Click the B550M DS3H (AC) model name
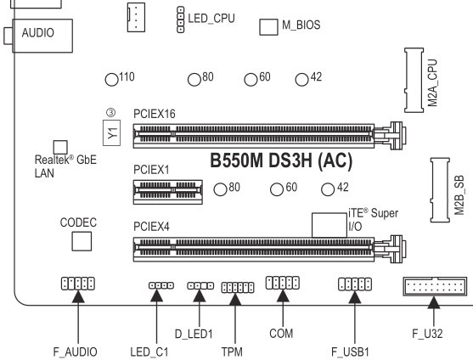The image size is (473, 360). tap(281, 160)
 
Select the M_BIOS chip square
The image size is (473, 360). tap(268, 27)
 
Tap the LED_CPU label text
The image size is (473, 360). tap(211, 19)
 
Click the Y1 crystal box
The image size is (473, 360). tap(111, 133)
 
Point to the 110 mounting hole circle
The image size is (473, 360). tap(111, 80)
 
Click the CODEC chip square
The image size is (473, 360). tap(82, 241)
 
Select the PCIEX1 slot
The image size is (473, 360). tap(168, 192)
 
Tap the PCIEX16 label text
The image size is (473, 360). tap(155, 114)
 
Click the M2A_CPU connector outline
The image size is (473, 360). tap(414, 80)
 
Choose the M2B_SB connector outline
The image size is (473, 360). tap(440, 190)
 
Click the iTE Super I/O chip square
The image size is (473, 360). tap(329, 225)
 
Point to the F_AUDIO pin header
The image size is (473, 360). tap(78, 284)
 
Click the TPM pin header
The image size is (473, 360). tap(238, 287)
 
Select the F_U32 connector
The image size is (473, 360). tap(435, 286)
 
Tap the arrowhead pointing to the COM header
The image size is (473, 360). tap(283, 295)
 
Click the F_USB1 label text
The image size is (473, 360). tap(350, 352)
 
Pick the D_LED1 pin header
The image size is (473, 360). tap(200, 285)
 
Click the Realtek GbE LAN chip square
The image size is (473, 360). tap(60, 147)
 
